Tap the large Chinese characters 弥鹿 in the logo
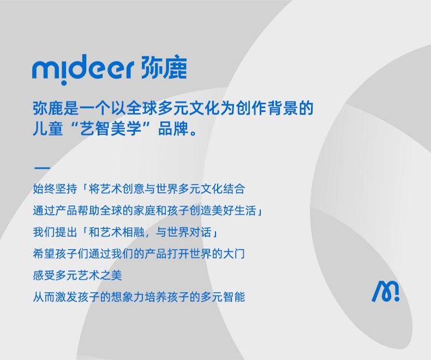click(x=164, y=68)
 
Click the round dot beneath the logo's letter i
click(x=63, y=82)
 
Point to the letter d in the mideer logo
click(x=80, y=67)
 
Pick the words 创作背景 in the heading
click(x=267, y=108)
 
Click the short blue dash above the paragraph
click(x=42, y=167)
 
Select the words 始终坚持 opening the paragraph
click(x=55, y=189)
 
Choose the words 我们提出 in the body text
click(x=55, y=232)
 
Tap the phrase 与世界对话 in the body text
click(x=184, y=232)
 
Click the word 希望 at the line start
click(x=44, y=254)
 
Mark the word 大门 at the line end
click(x=234, y=254)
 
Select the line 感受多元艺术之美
click(x=77, y=275)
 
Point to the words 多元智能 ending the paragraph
click(x=223, y=297)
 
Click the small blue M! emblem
click(x=385, y=291)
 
